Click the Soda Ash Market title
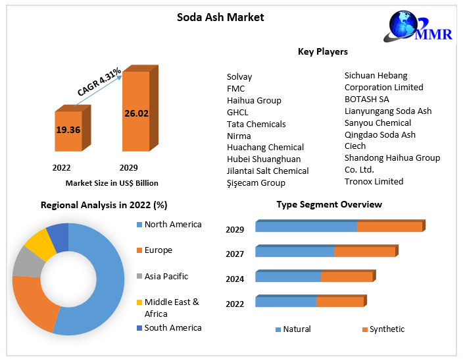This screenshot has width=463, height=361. coord(220,17)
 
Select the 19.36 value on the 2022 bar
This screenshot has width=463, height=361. coord(68,130)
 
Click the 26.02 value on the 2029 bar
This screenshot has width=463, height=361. coord(136,113)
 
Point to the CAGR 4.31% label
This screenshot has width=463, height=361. coord(99,82)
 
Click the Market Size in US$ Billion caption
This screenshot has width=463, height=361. coord(112,182)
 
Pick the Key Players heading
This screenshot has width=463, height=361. coord(322,51)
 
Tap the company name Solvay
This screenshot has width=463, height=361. coord(239,77)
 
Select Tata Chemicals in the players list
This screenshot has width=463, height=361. coord(256,124)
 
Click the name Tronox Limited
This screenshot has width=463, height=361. coord(374,181)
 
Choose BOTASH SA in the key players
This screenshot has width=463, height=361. coord(367,99)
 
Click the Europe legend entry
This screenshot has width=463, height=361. coord(158,250)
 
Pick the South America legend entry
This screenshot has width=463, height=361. coord(172,327)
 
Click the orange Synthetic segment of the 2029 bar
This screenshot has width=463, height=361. coord(389,227)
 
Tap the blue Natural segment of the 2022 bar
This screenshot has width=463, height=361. coord(285,302)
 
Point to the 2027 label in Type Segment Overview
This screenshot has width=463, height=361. coord(235,254)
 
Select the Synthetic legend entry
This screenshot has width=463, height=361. coord(387,329)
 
